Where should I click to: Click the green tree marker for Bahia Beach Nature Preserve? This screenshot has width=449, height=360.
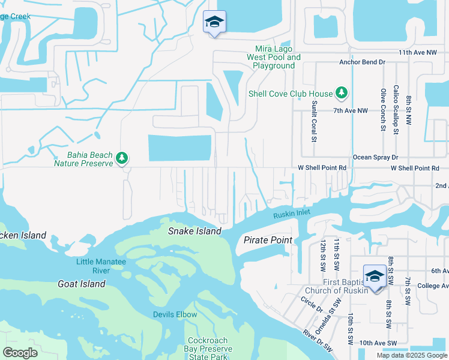122,158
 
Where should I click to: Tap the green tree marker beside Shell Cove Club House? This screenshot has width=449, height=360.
342,92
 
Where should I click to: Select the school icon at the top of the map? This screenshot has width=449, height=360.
214,23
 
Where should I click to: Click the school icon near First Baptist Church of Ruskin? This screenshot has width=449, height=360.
375,277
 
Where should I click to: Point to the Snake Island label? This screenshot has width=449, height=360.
194,231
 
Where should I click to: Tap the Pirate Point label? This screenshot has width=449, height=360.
268,240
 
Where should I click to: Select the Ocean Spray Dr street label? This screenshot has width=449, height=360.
375,157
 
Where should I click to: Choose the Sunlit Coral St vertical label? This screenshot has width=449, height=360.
313,121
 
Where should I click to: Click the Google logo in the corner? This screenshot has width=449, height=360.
20,353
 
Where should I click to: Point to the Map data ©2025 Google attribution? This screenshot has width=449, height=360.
411,355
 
